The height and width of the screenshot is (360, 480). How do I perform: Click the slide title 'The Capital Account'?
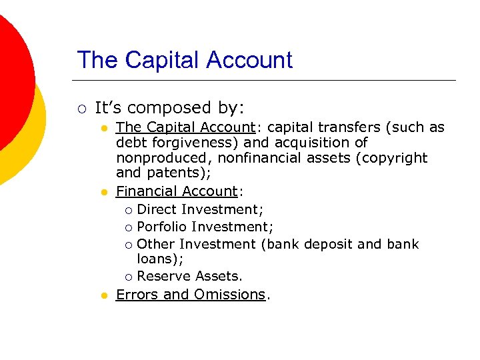point(185,60)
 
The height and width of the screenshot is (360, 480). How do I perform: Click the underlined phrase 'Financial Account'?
point(177,191)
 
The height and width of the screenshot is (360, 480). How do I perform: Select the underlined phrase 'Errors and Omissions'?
point(191,295)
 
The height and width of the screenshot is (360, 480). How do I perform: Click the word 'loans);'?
point(160,259)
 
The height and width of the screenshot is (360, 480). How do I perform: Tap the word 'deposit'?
point(328,244)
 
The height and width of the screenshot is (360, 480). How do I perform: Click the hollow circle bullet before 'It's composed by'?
point(81,109)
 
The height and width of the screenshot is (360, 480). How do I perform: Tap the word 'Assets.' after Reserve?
point(219,276)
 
